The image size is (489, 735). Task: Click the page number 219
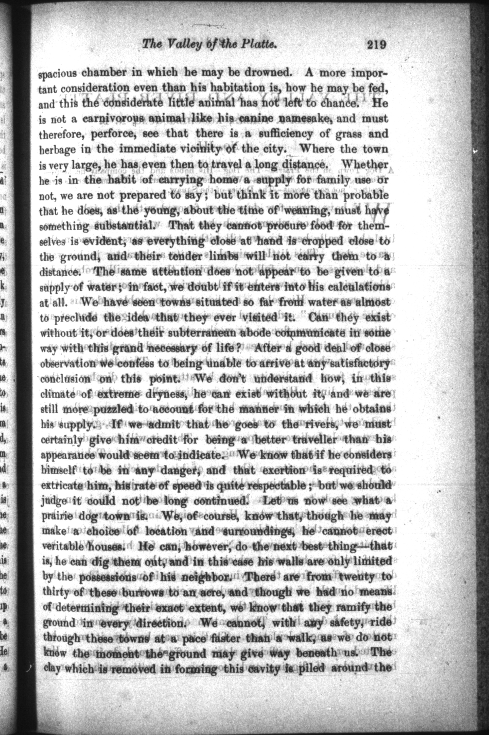[376, 45]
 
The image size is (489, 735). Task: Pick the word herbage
[57, 150]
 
